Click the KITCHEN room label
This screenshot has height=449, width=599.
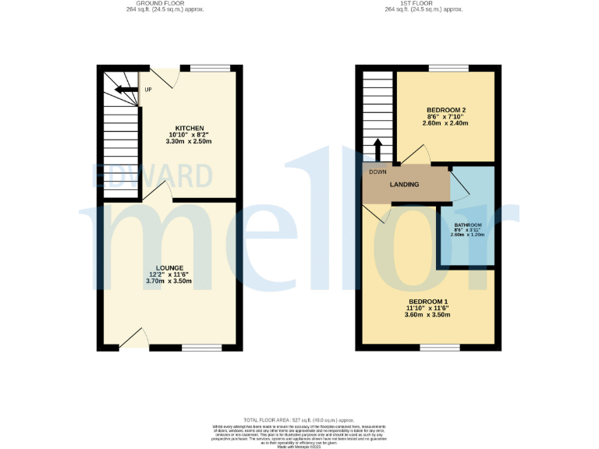coord(189,128)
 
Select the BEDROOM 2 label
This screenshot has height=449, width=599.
coord(446,109)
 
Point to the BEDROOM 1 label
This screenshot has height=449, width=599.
coord(428,301)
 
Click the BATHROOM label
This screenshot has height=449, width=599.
coord(469,225)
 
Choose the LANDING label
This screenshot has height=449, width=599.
coord(405,185)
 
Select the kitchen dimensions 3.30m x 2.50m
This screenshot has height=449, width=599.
coord(189,142)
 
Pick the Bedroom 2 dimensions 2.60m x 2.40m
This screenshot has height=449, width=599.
coord(446,123)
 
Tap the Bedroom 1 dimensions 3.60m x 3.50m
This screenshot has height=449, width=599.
coord(428,315)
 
